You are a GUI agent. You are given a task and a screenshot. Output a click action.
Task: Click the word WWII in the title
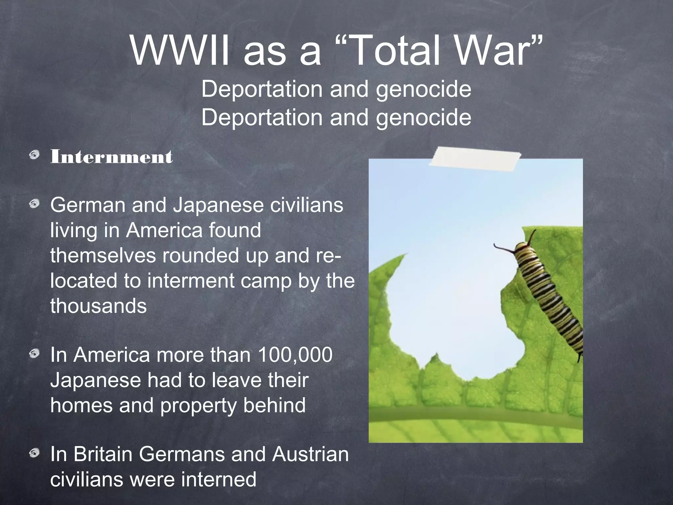click(179, 51)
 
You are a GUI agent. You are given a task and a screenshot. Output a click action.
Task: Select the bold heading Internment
click(111, 157)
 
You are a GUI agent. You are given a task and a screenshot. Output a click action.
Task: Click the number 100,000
click(295, 355)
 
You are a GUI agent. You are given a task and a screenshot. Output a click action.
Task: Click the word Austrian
click(310, 454)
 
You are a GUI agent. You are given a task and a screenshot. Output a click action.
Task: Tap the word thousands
click(98, 306)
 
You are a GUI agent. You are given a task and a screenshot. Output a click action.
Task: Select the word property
click(198, 405)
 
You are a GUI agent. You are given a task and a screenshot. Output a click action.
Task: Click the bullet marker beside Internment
click(34, 155)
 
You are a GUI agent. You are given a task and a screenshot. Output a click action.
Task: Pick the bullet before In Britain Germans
click(34, 454)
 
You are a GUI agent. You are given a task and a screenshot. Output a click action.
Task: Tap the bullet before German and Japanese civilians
click(34, 204)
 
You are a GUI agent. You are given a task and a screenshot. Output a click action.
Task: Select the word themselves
click(103, 255)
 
